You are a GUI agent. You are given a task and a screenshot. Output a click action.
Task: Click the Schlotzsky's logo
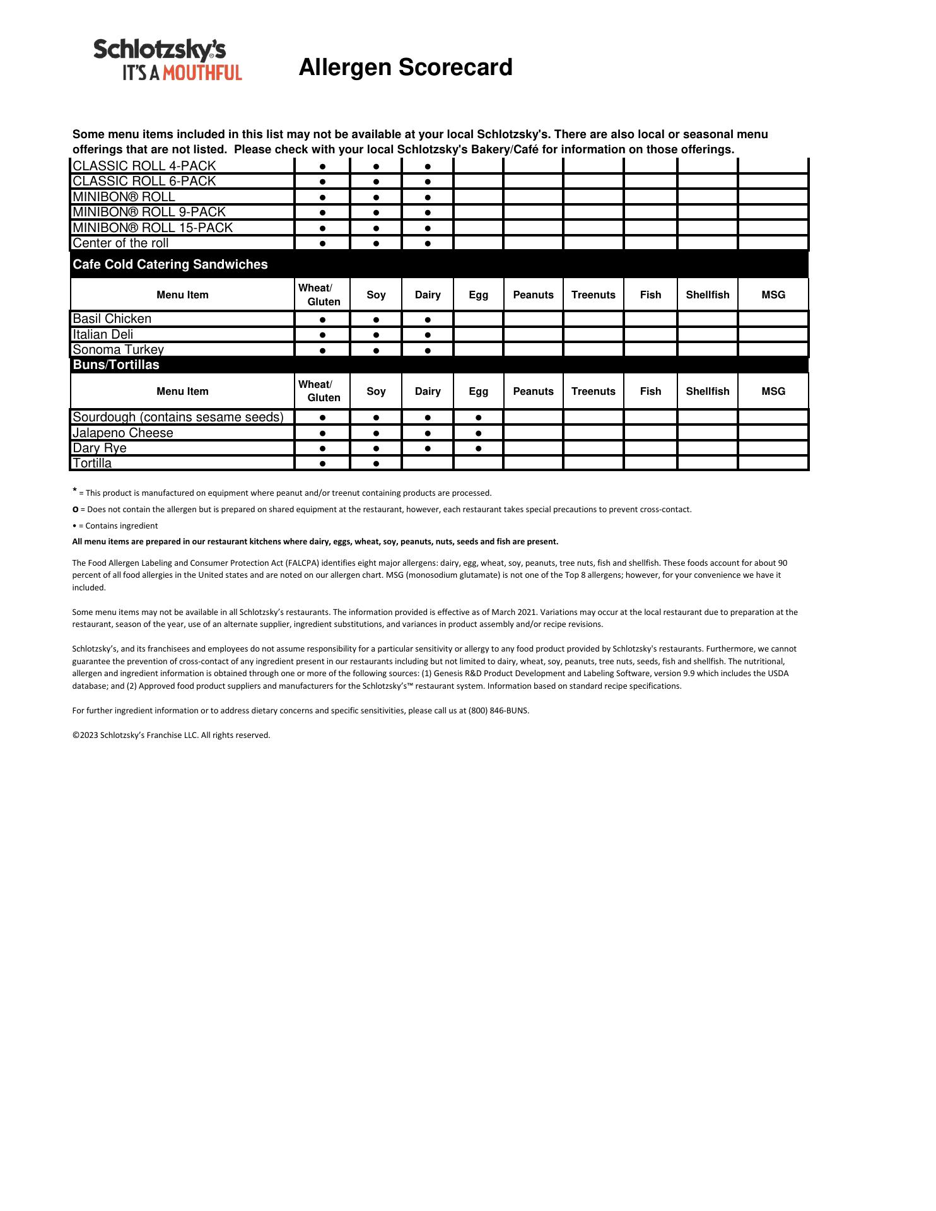(167, 60)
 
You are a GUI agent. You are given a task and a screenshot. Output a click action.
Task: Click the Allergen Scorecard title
(405, 67)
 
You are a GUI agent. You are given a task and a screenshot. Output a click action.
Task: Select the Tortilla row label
(92, 464)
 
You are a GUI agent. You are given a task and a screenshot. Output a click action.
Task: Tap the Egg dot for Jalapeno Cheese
(479, 433)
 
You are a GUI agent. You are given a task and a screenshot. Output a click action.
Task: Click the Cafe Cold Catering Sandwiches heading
(170, 264)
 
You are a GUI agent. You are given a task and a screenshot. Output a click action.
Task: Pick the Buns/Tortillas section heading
(116, 365)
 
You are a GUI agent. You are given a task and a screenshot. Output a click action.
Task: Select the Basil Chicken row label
(112, 319)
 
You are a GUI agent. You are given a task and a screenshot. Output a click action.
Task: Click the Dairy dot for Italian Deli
(428, 335)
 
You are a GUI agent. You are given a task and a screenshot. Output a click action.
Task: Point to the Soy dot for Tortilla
(376, 464)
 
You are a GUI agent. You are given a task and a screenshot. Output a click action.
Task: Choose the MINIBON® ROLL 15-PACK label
(153, 228)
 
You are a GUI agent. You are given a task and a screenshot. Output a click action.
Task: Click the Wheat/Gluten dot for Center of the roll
(322, 243)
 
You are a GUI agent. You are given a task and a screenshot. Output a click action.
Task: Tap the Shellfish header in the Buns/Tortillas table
(707, 391)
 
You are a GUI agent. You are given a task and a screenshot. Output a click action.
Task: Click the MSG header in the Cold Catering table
(773, 295)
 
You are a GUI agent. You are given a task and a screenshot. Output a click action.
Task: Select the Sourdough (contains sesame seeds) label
(178, 418)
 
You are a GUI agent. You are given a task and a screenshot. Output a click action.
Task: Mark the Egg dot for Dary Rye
(479, 448)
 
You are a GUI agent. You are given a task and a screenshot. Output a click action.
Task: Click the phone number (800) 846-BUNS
(498, 711)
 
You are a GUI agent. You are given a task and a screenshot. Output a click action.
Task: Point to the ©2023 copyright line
(171, 735)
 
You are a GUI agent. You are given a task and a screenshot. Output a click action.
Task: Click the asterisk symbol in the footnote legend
(75, 491)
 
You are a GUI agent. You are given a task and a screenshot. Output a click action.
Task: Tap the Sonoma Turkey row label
(118, 350)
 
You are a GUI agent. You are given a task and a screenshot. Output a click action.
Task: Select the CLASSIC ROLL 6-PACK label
(144, 182)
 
